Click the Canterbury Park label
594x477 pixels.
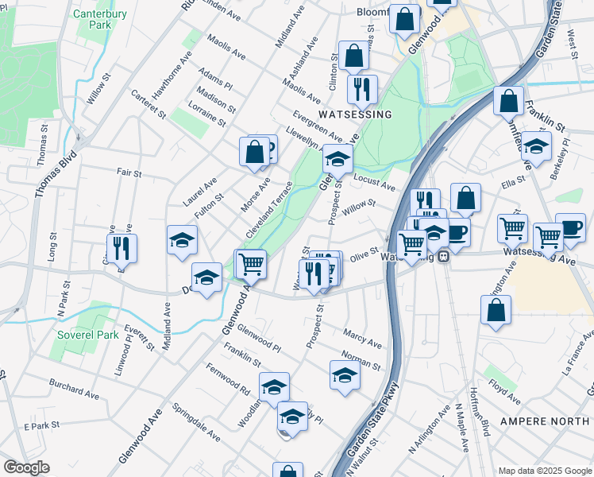tap(100, 19)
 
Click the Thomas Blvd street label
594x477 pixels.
tap(56, 173)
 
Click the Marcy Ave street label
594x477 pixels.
tap(363, 339)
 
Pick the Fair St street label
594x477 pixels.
tap(129, 173)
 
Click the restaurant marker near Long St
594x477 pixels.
tap(121, 248)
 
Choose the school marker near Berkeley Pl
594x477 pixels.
tap(537, 147)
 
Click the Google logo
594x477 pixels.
tap(26, 467)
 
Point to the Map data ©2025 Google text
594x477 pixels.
tap(545, 471)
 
